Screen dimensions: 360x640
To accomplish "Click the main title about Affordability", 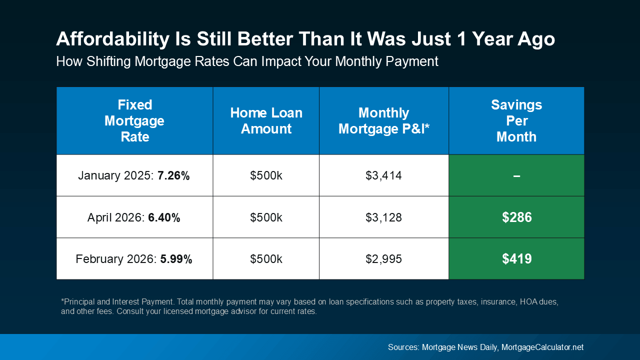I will [305, 39].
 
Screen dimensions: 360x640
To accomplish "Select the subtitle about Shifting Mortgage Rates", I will [247, 61].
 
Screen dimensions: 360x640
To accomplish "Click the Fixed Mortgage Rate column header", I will [134, 120].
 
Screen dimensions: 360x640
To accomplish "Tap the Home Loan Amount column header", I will [266, 120].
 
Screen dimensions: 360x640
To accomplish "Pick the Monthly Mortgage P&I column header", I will [383, 120].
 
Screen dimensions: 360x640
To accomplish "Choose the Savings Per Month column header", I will [516, 120].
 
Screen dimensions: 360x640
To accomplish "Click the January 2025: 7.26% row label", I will [134, 176].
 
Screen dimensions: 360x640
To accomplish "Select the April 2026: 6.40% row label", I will [134, 217].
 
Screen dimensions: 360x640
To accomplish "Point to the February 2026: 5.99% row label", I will [134, 259].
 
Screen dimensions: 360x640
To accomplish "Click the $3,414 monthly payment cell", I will [383, 176].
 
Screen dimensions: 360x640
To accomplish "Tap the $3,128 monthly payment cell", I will [383, 217].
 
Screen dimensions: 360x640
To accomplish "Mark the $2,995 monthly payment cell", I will [383, 259].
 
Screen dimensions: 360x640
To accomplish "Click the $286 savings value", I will [516, 217].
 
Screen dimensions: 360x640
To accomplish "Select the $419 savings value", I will [516, 259].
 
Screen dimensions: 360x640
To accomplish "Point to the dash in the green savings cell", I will [516, 176].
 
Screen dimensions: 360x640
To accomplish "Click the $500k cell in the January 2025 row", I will [266, 176].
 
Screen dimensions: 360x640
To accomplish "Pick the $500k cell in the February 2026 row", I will [266, 259].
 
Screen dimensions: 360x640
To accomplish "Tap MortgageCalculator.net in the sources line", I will [542, 347].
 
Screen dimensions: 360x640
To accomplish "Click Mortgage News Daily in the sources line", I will [460, 347].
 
